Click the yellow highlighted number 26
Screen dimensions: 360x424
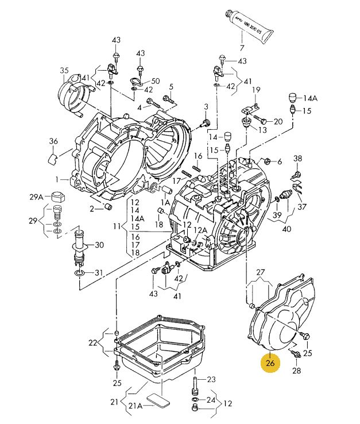coord(270,363)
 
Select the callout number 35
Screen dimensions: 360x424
coord(64,71)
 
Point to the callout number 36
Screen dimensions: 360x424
coord(53,141)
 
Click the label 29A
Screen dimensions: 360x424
coord(36,196)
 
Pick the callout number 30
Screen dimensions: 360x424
coord(99,245)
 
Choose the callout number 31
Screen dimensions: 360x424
coord(99,272)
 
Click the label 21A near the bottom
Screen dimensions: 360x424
coord(136,406)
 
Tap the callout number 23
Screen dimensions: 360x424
coord(211,379)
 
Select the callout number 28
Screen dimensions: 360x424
coord(297,370)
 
